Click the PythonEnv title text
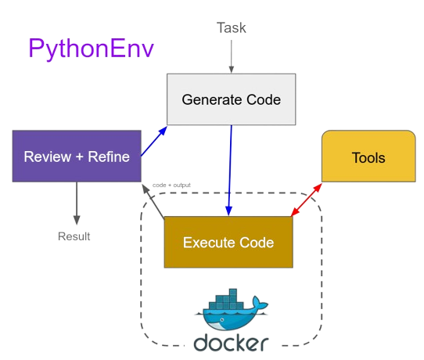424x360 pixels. pyautogui.click(x=91, y=49)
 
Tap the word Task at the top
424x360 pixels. pyautogui.click(x=231, y=28)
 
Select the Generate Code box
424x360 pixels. pyautogui.click(x=231, y=99)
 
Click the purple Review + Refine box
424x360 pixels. pyautogui.click(x=77, y=157)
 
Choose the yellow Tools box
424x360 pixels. pyautogui.click(x=368, y=157)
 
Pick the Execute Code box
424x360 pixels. pyautogui.click(x=228, y=242)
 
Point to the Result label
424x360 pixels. pyautogui.click(x=74, y=236)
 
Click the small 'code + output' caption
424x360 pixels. pyautogui.click(x=171, y=185)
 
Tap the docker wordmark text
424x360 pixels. pyautogui.click(x=231, y=342)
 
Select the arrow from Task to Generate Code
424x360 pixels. pyautogui.click(x=231, y=56)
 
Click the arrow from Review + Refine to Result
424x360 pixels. pyautogui.click(x=77, y=203)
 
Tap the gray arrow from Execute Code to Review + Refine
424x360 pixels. pyautogui.click(x=153, y=200)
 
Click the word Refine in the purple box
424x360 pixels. pyautogui.click(x=109, y=157)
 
